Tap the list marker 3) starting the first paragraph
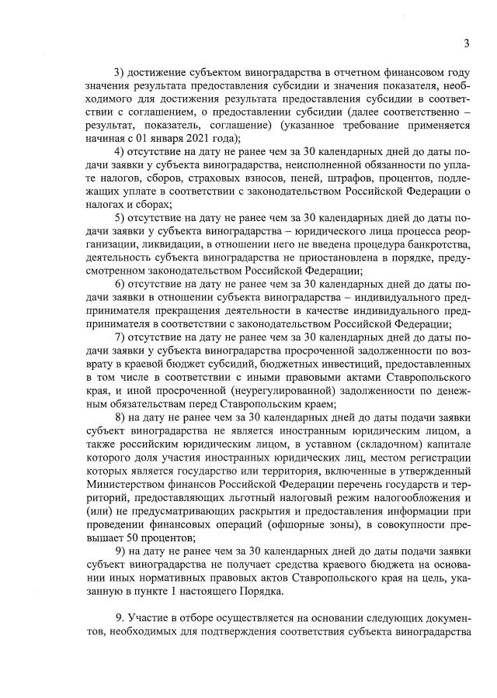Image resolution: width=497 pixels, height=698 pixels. (120, 72)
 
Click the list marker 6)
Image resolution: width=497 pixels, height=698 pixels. (120, 285)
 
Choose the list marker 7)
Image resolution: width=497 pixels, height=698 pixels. (120, 338)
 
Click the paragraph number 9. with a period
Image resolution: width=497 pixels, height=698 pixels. (119, 618)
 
